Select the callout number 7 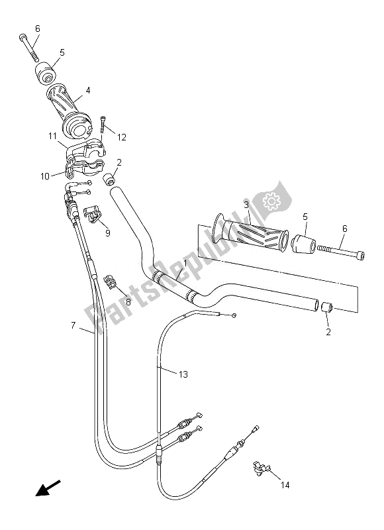73,325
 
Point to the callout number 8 128,301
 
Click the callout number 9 108,233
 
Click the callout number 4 87,90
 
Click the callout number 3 246,206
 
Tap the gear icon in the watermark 271,200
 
